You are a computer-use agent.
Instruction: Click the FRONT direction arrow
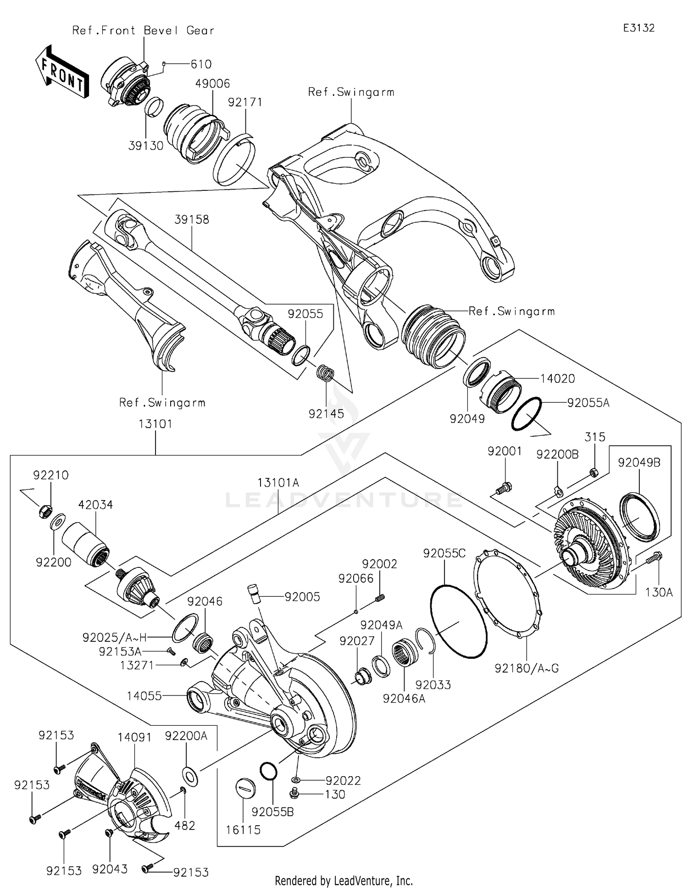pos(61,73)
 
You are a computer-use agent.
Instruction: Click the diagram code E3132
pos(638,28)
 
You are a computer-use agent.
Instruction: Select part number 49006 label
pos(212,84)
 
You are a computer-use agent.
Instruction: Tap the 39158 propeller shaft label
pos(192,220)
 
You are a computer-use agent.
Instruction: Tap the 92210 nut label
pos(50,475)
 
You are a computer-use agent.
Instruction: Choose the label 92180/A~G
pos(527,668)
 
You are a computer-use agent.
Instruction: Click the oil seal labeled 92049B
pos(639,516)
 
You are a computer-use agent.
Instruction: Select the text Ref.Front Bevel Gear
pos(143,31)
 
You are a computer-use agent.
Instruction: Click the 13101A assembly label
pos(278,483)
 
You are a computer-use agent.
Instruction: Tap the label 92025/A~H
pos(115,638)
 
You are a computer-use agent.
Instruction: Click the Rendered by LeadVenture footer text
pos(344,880)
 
